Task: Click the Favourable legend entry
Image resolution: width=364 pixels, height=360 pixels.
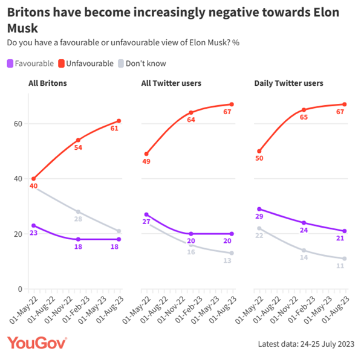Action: [30, 63]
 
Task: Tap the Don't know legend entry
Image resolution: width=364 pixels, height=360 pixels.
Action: [145, 63]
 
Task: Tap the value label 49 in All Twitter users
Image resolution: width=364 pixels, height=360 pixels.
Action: [145, 162]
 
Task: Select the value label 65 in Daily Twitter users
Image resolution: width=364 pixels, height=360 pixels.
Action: [304, 117]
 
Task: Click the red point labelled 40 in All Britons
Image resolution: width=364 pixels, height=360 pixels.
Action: [34, 179]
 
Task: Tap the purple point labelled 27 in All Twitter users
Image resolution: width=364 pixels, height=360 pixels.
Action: [146, 214]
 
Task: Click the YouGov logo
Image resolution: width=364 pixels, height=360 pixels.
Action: [37, 343]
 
